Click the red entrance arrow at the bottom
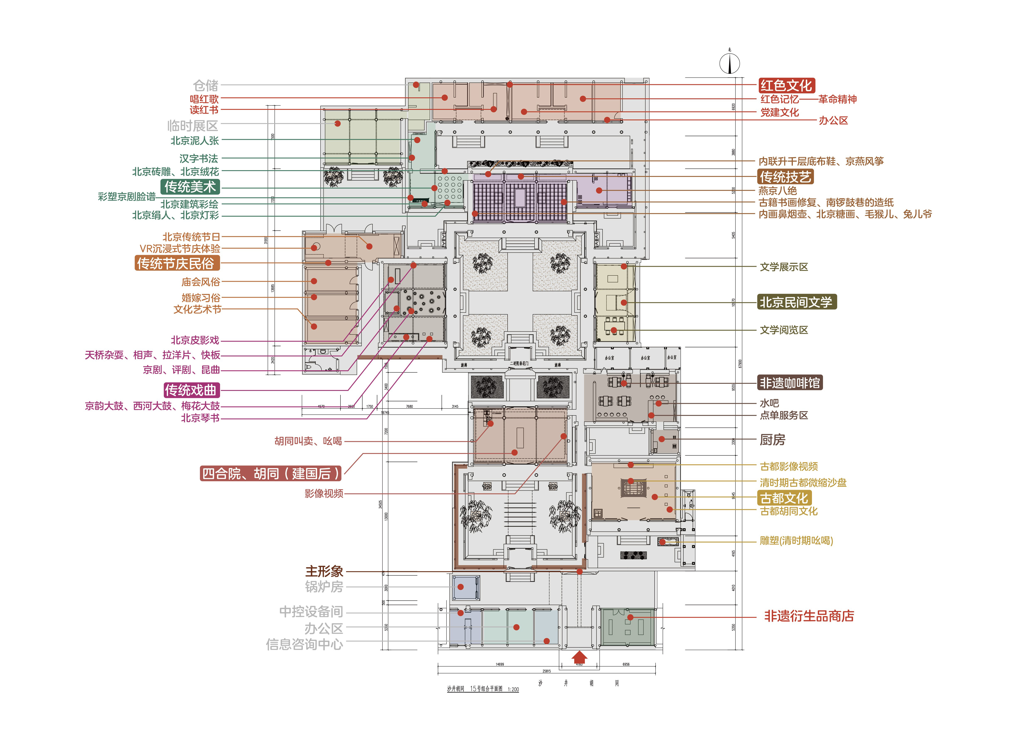coord(579,657)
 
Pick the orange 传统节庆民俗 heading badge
coord(177,263)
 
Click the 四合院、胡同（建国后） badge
coord(271,473)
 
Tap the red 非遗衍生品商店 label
coord(809,616)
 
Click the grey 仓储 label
coord(205,85)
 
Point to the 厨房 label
coord(772,440)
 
